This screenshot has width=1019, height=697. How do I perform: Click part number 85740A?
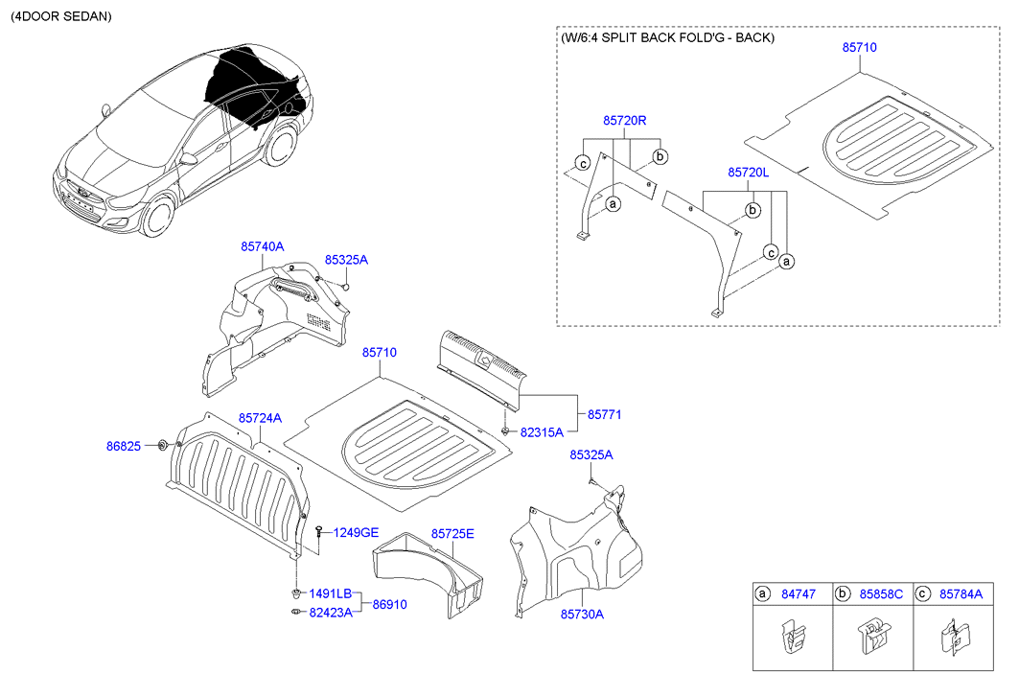point(262,246)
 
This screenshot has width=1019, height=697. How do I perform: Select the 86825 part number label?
point(123,446)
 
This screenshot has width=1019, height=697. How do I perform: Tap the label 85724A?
point(260,418)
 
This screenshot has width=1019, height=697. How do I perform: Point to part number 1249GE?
point(356,532)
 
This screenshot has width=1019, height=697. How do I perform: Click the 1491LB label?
point(330,593)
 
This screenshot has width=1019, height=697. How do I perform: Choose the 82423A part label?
point(330,613)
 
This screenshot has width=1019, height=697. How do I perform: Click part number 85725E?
point(452,533)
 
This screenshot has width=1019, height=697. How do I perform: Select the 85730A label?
point(582,615)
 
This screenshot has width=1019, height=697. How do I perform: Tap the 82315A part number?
point(542,432)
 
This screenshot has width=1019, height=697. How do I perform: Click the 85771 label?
point(605,414)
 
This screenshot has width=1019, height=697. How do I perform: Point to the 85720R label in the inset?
point(625,121)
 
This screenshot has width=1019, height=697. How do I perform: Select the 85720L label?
point(749,173)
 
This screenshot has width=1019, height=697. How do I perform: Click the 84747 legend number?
point(798,594)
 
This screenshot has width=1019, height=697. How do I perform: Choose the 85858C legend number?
point(881,594)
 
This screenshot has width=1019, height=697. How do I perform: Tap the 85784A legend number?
point(961,594)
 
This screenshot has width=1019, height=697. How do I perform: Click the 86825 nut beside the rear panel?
point(163,444)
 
